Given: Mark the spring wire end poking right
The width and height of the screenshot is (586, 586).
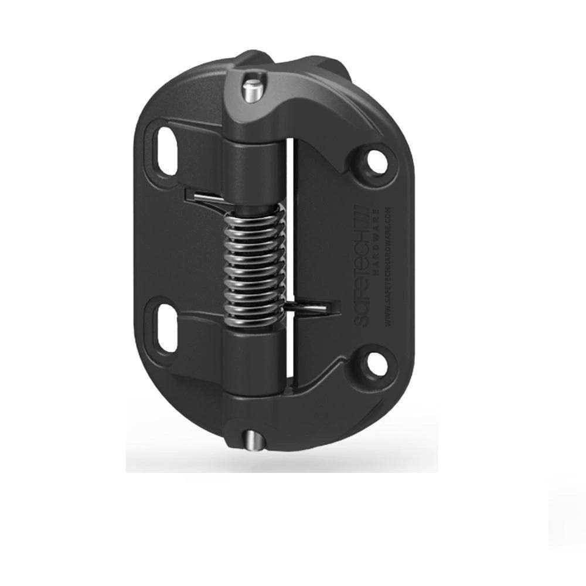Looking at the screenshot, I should pos(316,306).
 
